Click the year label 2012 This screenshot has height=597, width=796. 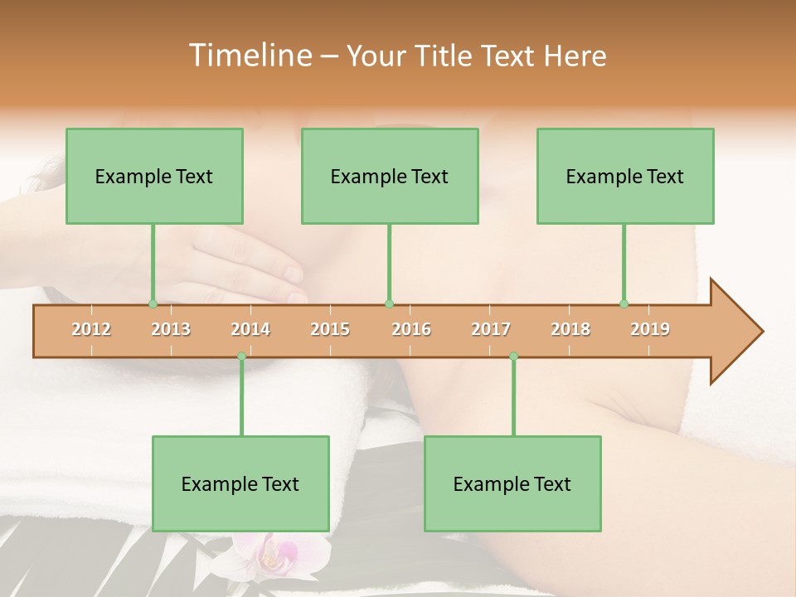91,329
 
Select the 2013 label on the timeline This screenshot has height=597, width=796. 171,329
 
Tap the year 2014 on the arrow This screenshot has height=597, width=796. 250,329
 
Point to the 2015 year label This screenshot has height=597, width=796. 330,329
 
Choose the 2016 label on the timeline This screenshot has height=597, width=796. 411,329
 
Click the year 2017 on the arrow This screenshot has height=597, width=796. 491,329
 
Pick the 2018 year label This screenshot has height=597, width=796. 570,329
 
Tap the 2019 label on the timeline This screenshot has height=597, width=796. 650,329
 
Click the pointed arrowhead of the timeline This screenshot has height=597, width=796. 738,332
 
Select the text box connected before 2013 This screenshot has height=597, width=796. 154,176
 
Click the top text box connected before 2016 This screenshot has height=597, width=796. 390,176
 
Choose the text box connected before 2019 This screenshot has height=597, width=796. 625,176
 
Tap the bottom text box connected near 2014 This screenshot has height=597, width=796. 240,483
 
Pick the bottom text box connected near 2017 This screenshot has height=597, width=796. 512,483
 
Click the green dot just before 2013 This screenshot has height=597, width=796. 153,303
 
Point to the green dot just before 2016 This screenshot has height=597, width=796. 389,303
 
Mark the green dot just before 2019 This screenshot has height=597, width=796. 624,303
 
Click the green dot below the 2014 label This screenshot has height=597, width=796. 241,356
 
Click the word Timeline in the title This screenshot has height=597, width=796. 249,56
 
